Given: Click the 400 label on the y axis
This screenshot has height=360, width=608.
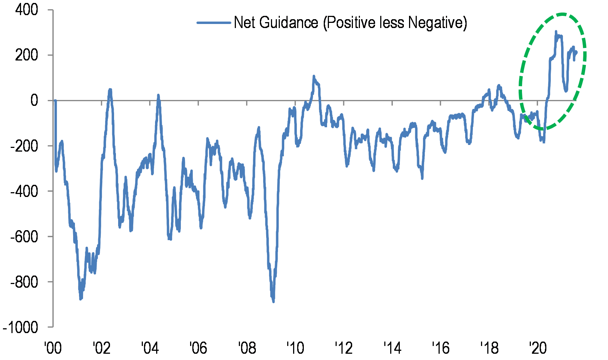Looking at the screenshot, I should [27, 10].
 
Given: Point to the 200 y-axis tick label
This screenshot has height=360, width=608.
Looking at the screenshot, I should [27, 55].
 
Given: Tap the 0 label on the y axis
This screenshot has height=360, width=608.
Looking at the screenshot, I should [34, 100].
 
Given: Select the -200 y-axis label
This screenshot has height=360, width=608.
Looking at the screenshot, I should [24, 146].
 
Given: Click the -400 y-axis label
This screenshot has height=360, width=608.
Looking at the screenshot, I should [24, 191].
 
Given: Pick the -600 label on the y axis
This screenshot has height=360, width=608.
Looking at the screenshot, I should [24, 237].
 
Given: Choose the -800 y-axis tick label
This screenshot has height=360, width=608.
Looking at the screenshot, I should [24, 282].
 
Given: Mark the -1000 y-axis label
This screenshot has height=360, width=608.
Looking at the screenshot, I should [21, 328].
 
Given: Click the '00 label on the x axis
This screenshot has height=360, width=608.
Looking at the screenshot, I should [53, 348].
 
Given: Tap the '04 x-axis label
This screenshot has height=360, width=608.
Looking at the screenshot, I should [150, 348].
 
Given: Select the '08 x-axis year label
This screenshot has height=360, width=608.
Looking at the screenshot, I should [247, 348].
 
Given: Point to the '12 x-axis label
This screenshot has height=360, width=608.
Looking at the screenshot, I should [343, 348].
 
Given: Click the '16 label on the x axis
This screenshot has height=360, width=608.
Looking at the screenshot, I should [440, 348].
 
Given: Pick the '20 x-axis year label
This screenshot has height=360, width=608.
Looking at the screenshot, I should [537, 348].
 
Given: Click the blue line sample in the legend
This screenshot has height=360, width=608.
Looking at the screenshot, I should [214, 23].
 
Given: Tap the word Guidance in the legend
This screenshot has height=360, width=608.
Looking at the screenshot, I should [289, 23].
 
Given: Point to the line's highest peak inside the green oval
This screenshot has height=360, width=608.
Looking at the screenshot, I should [556, 32].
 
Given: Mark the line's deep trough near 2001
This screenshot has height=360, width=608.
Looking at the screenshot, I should [80, 299].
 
